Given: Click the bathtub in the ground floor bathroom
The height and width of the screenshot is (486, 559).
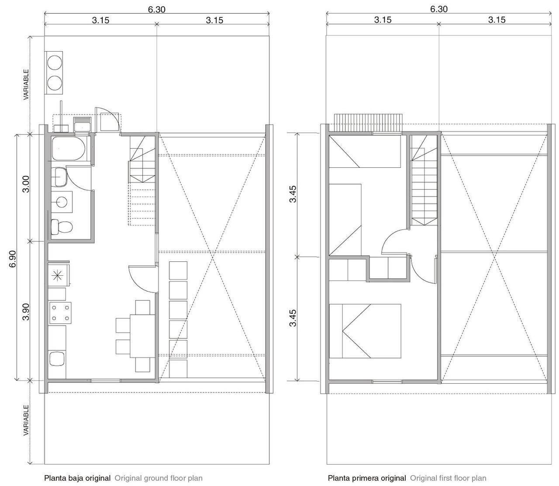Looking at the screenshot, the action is pos(68,149).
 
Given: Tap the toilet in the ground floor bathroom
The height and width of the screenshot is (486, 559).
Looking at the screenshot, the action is pos(62,227).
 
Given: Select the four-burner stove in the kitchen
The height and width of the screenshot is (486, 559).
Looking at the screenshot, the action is pos(60,313).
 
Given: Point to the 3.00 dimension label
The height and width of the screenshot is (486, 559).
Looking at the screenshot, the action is pos(26,184).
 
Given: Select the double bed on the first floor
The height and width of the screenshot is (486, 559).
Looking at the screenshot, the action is pos(365,331).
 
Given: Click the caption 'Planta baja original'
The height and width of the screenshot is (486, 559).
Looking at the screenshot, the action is pos(77,478).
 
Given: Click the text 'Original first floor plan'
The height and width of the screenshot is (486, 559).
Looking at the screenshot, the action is pos(448,478).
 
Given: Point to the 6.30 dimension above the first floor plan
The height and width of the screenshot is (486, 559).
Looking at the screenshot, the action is pos(439,9).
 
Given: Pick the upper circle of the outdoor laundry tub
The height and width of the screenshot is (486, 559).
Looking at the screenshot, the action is pos(54,62).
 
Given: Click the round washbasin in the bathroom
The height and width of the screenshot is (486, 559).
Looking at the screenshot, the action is pos(61,202).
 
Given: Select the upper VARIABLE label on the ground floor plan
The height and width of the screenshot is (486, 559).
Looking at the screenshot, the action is pos(26,84).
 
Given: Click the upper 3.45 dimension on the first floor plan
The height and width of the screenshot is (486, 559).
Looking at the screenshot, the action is pos(293,194).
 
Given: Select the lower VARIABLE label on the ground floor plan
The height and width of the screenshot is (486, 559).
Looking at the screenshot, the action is pos(26,420).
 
